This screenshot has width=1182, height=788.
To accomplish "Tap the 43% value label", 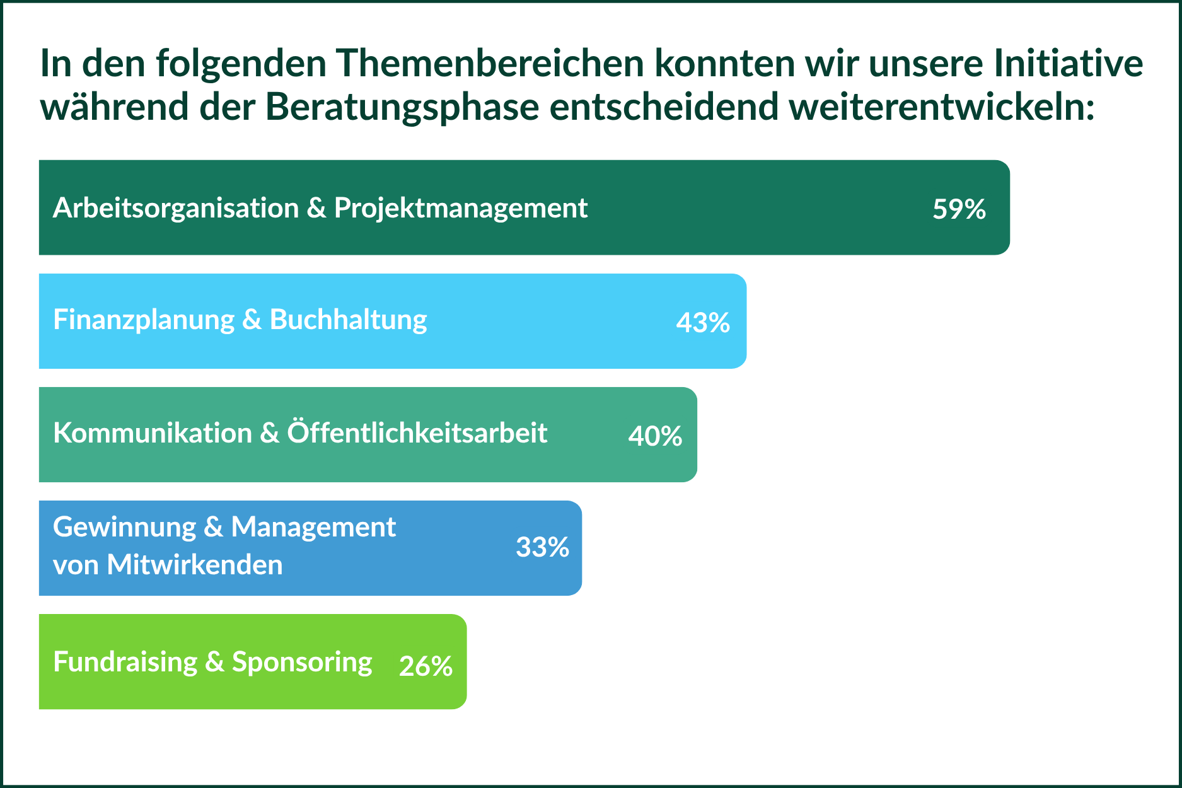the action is (703, 323).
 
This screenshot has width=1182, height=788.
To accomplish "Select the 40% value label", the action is (655, 436).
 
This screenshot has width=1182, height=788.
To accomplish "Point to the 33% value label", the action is (542, 547).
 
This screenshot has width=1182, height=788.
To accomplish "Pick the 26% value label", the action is (426, 666).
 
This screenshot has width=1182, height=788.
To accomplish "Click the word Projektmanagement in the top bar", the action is (461, 209).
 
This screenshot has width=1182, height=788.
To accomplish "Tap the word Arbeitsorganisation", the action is (176, 208).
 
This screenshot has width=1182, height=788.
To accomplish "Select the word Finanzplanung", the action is (144, 320).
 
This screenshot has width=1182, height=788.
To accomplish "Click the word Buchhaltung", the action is (349, 320).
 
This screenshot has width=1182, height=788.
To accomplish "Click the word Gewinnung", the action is (125, 528).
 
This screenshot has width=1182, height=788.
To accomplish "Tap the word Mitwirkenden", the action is (195, 565).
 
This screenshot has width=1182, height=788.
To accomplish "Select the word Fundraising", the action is (125, 663).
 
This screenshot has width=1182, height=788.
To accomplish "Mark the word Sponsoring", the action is (302, 663).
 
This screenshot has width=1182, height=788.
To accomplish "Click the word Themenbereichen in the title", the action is (490, 63).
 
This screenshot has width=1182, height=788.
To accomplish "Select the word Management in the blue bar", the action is (313, 528).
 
